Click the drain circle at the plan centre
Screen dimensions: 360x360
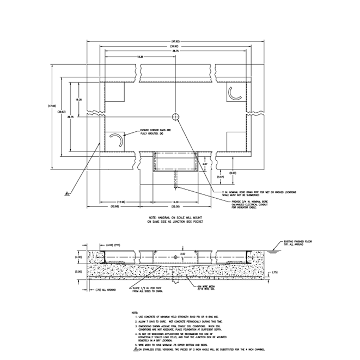pos(175,117)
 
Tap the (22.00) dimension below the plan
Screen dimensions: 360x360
pos(175,208)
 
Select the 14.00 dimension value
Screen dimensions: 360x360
pos(175,202)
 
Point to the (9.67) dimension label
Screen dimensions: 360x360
pos(233,172)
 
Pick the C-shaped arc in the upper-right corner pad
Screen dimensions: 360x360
pos(236,94)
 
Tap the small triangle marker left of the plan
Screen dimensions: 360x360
pos(66,193)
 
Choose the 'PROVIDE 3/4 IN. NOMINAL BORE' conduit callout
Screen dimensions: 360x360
pos(250,204)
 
